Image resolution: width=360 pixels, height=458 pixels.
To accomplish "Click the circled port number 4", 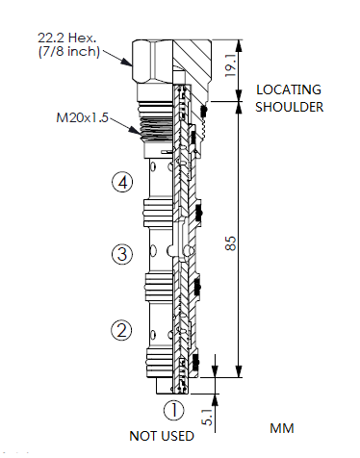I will [121, 183].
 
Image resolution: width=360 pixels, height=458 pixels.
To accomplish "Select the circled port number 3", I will [121, 255].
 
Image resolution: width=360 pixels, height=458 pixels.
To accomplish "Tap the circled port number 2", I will [121, 331].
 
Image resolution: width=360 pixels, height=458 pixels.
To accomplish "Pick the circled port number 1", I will [173, 411].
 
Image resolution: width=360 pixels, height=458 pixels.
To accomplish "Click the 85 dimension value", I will [232, 245].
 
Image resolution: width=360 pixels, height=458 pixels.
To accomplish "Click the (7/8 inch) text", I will [68, 52].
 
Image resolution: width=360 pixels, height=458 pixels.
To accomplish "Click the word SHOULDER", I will [289, 106].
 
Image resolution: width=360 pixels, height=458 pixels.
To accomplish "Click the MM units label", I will [281, 426].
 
